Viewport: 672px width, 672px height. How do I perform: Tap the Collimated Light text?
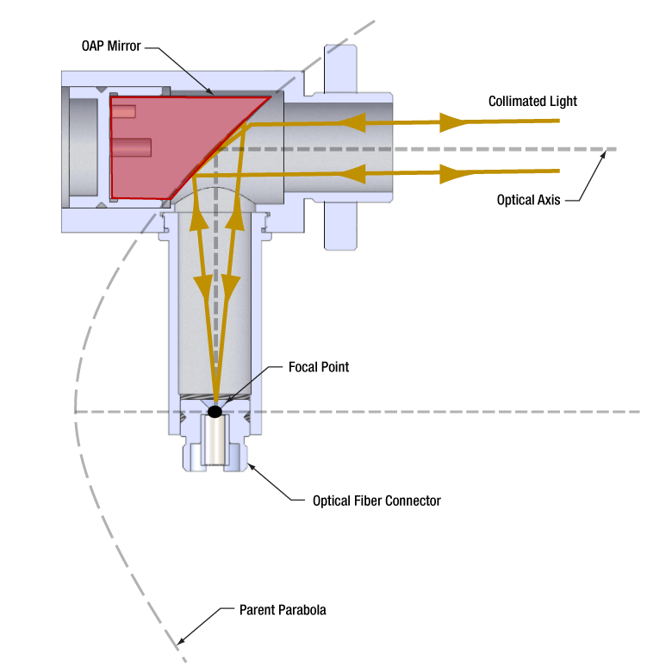click(x=532, y=101)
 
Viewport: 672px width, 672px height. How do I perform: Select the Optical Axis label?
click(x=528, y=200)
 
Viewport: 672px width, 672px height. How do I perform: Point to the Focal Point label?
click(x=319, y=367)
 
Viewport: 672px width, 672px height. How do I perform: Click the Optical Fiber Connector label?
click(x=376, y=501)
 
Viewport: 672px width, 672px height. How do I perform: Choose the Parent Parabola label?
click(x=283, y=611)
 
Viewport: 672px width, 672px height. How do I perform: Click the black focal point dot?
click(x=215, y=411)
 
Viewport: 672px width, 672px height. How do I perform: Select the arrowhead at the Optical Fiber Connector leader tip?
click(x=250, y=467)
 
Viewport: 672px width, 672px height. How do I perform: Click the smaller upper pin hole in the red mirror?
click(x=124, y=111)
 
